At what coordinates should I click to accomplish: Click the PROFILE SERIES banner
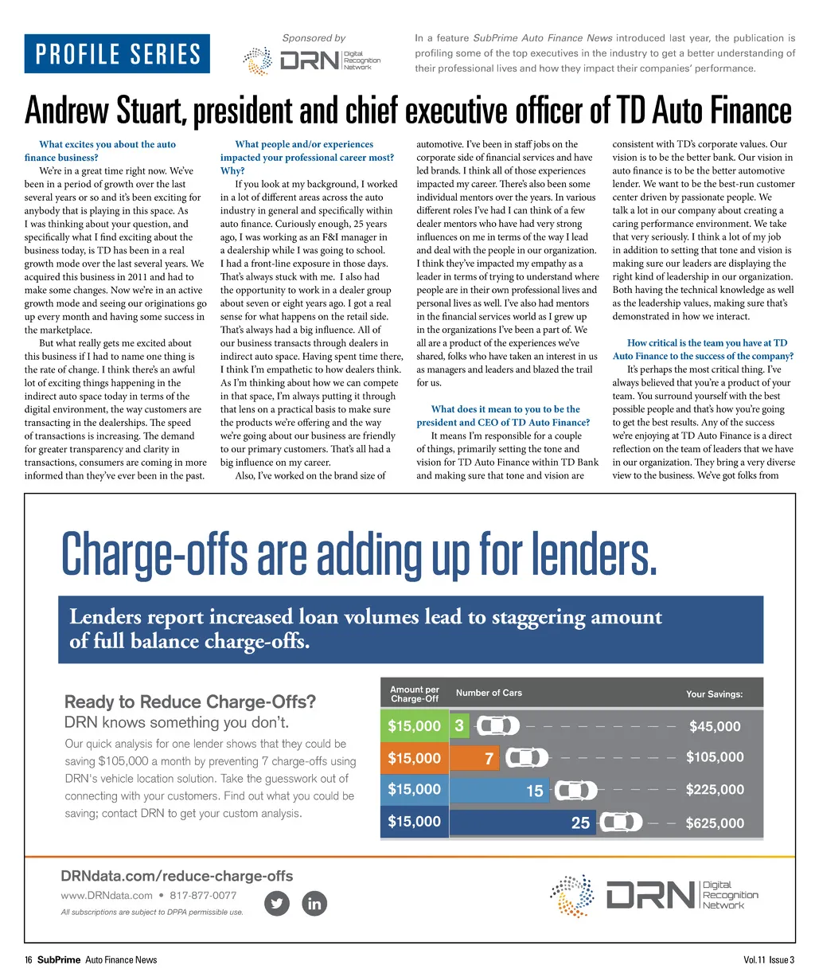117,54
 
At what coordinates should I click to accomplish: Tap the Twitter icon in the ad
276,903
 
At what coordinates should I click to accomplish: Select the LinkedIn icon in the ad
314,903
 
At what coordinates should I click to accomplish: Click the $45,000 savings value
714,726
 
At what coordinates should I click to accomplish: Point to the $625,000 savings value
715,823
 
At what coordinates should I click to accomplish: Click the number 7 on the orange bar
489,759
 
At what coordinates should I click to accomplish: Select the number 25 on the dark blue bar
580,823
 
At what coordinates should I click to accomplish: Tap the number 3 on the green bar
459,725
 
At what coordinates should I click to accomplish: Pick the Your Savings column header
714,694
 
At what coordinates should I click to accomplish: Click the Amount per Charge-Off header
415,694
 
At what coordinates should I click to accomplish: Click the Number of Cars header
489,693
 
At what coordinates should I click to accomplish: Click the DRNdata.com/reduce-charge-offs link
177,876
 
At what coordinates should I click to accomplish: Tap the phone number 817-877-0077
203,895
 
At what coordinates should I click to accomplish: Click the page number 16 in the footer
28,959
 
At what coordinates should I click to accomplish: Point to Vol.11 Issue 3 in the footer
768,959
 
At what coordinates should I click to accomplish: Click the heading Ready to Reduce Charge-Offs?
189,701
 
